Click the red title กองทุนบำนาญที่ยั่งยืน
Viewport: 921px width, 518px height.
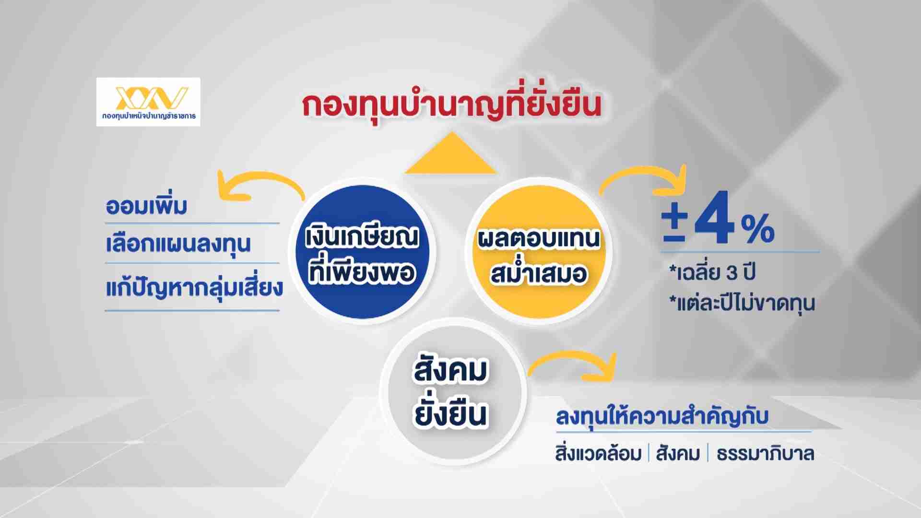451,106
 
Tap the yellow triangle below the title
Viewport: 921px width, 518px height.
450,153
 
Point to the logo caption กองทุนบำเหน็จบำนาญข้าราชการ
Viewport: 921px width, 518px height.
149,116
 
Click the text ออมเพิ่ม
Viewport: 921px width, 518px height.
146,206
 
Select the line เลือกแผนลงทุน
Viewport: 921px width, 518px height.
178,244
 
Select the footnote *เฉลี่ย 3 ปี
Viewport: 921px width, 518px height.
712,272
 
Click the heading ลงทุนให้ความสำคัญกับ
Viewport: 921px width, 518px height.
662,416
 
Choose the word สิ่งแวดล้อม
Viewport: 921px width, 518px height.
598,454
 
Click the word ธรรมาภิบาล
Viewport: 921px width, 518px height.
765,454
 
